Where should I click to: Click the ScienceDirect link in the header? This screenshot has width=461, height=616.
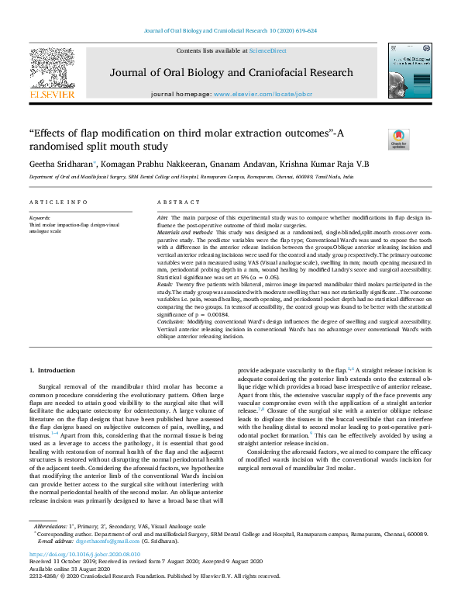tap(267, 50)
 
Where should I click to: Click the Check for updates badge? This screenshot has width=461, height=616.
tap(398, 140)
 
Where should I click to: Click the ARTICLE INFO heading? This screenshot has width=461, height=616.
tap(58, 202)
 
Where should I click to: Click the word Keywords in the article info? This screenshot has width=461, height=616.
tap(40, 218)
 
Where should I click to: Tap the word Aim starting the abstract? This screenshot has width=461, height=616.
tap(163, 219)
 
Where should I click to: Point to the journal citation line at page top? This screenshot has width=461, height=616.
tap(230, 30)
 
